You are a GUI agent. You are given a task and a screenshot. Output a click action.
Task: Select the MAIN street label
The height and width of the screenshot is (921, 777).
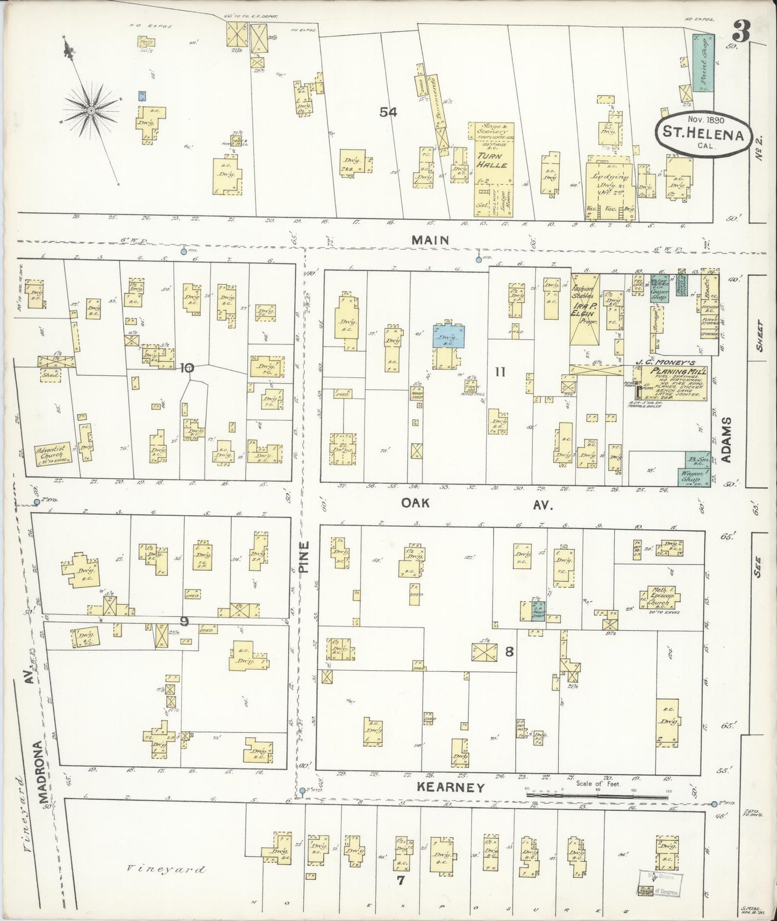(430, 241)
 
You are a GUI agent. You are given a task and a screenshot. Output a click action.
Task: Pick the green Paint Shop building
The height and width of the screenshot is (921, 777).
(703, 62)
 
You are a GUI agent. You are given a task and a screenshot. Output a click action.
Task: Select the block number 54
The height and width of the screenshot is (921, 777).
(388, 112)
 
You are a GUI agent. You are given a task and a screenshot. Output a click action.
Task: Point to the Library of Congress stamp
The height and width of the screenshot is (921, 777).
(660, 882)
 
